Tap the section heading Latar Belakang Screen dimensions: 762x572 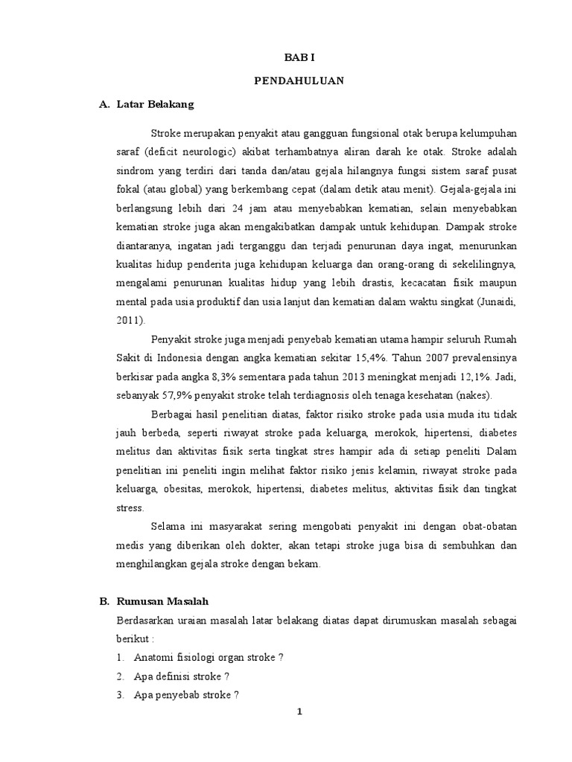pyautogui.click(x=155, y=105)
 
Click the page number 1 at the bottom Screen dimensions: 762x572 pyautogui.click(x=299, y=712)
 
